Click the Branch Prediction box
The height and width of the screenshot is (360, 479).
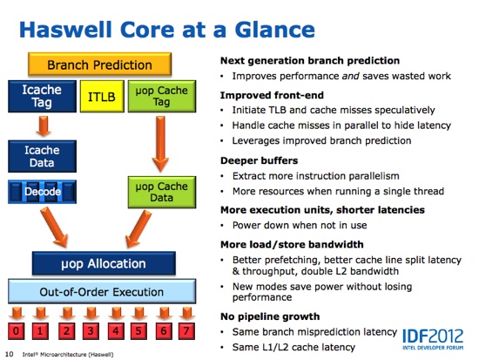coord(99,65)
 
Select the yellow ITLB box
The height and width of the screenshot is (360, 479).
coord(102,97)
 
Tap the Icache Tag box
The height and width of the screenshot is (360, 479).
coord(42,97)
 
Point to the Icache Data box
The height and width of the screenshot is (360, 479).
coord(42,156)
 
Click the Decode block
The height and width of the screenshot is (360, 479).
coord(42,192)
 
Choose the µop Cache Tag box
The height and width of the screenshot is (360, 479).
coord(162,97)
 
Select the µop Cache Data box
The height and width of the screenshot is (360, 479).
coord(162,192)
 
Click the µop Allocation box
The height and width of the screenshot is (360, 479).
coord(104,263)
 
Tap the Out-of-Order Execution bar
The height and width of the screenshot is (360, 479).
coord(102,291)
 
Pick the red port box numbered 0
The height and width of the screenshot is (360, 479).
coord(17,331)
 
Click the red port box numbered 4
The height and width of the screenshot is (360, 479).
coord(116,331)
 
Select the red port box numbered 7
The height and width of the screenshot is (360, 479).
coord(186,331)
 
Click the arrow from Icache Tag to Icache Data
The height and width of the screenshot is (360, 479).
coord(44,126)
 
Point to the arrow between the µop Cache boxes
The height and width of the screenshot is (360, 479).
coord(160,144)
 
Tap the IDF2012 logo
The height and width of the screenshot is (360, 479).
coord(433,339)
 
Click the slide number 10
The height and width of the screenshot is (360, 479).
coord(10,354)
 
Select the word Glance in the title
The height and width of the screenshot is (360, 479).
coord(274,30)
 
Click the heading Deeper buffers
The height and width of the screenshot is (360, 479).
coord(259,160)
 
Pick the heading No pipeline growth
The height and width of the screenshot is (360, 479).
coord(270,316)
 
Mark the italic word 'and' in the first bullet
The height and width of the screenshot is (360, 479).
coord(350,76)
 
